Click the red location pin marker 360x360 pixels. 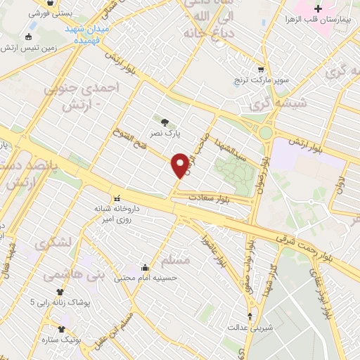click(180, 165)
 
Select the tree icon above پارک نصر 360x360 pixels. click(165, 120)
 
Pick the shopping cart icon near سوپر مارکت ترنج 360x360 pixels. click(261, 70)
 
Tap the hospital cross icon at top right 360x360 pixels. click(318, 8)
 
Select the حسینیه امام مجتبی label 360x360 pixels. click(146, 278)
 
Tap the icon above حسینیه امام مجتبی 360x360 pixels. click(146, 267)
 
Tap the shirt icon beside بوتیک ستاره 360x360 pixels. click(62, 328)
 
